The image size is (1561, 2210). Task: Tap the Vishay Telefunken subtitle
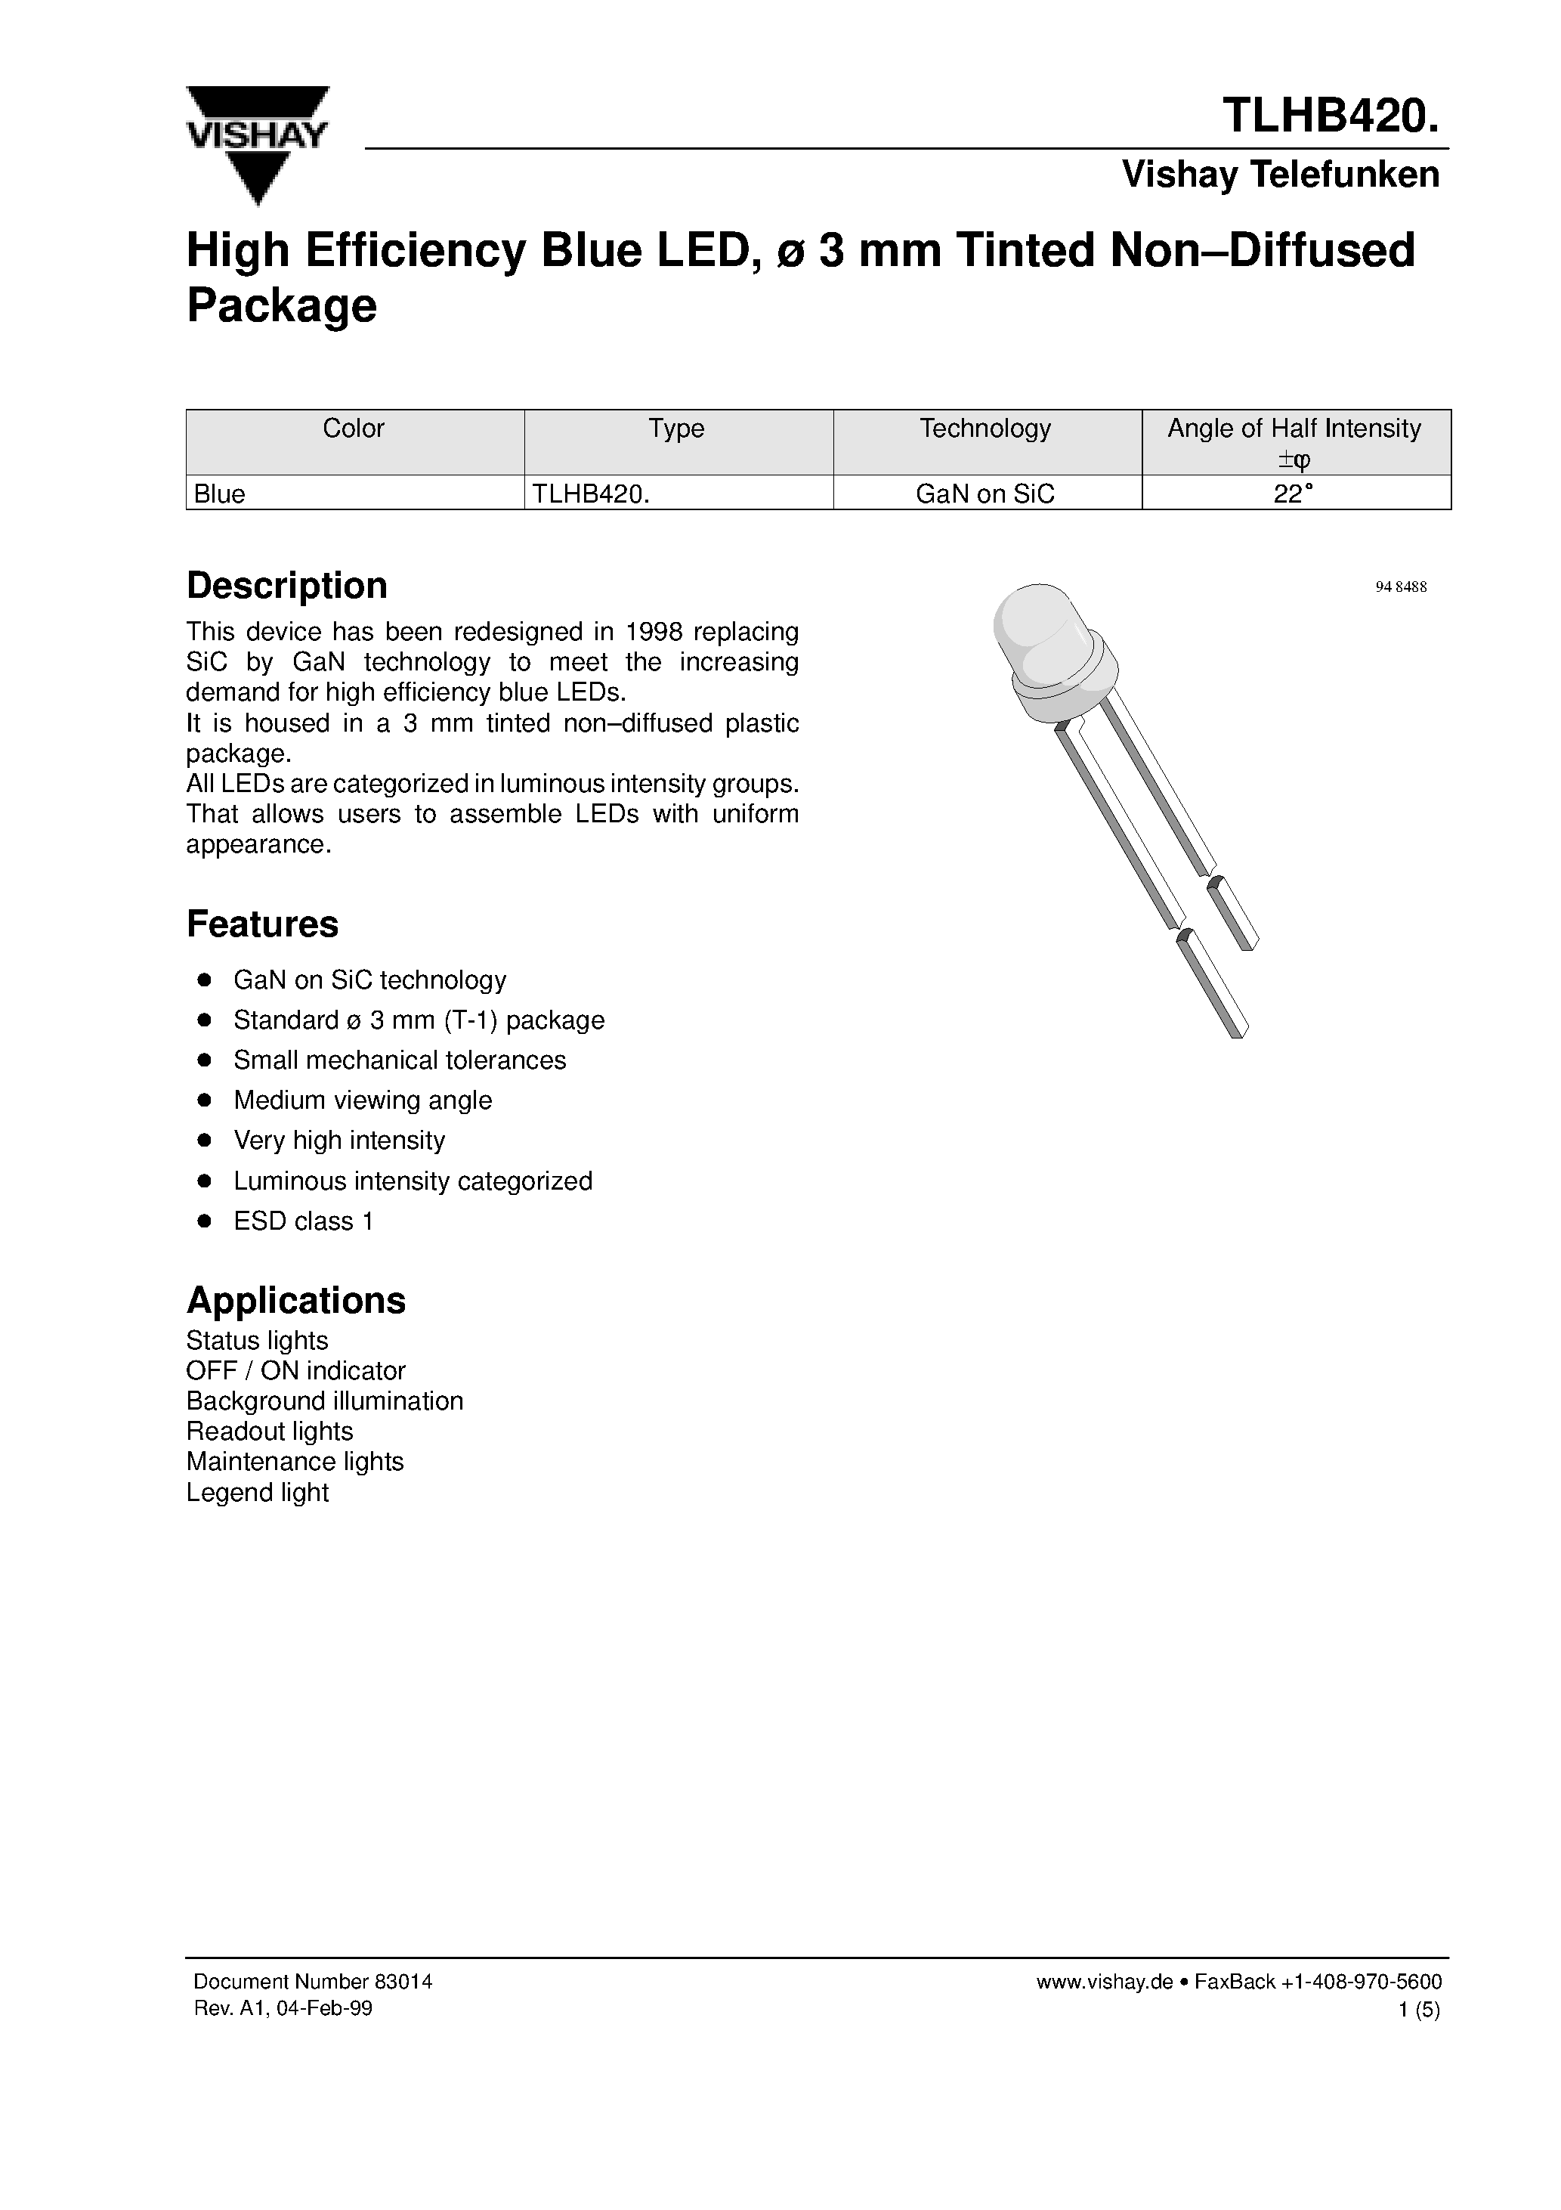[1280, 175]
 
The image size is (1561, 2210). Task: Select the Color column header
[353, 429]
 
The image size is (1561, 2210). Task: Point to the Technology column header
[985, 429]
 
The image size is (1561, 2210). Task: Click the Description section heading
[287, 585]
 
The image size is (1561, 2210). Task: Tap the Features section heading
[261, 924]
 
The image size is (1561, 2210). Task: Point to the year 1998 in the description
[654, 633]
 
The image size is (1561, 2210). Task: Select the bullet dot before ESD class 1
[204, 1221]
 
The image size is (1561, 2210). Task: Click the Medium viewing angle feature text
[362, 1100]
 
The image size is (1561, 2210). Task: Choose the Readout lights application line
[270, 1432]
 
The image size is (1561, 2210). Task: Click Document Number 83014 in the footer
[313, 1982]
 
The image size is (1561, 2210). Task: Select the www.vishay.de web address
[1104, 1982]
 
